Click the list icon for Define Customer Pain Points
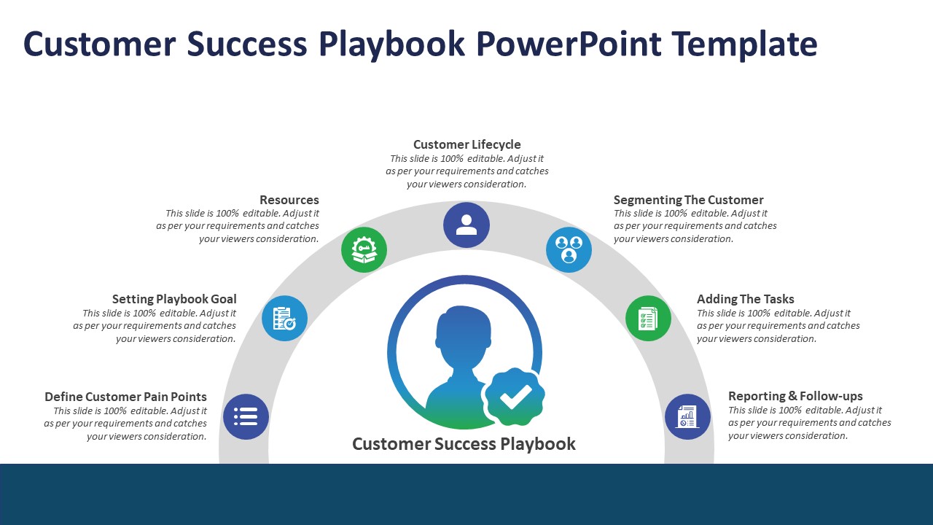246,416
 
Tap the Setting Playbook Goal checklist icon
284,318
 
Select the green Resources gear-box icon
364,249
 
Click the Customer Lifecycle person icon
466,225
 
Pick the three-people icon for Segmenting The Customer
569,249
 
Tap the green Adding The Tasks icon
648,318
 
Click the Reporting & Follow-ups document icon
687,416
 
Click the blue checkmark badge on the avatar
515,396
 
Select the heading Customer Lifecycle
466,144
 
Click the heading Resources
289,200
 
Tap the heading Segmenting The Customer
688,200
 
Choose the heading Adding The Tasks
745,299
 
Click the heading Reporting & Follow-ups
795,396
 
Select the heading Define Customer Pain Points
125,397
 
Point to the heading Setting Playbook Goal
174,299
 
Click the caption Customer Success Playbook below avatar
464,443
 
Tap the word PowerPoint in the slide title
569,44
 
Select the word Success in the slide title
249,44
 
